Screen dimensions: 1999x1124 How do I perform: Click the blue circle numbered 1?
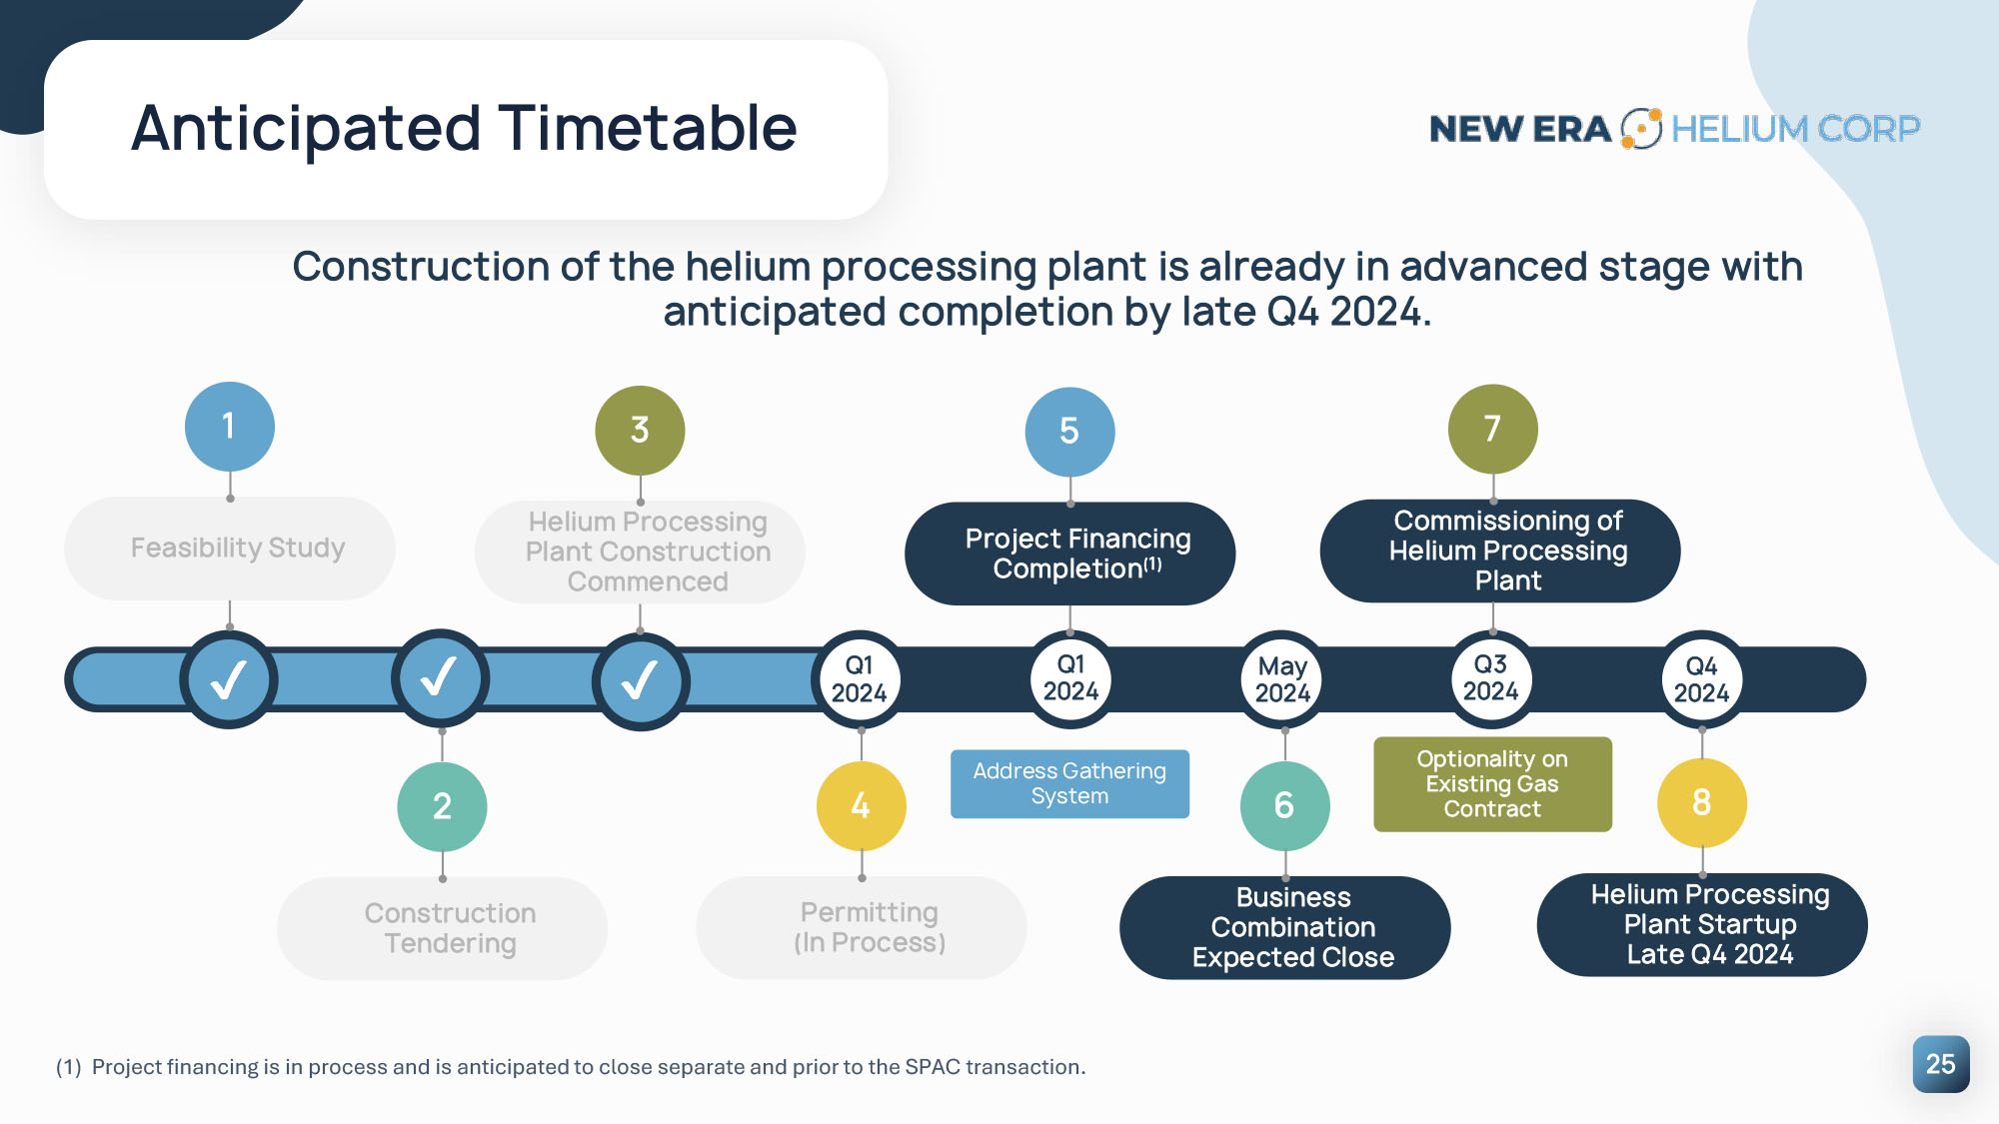(230, 427)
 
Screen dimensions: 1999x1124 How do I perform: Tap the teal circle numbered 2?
(442, 806)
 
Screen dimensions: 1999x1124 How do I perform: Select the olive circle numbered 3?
(640, 431)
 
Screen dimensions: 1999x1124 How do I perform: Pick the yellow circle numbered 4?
(862, 805)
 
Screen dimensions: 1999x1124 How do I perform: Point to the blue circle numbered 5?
(1069, 432)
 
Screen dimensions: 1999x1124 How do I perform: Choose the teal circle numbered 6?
(1285, 805)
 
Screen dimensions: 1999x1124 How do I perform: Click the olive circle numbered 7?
(1493, 429)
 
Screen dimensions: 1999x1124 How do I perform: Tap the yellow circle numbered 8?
(1702, 802)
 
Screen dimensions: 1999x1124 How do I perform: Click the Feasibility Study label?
(238, 548)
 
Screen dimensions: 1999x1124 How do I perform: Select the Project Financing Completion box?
(1070, 554)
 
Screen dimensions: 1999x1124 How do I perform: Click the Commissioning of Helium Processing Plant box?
(1500, 551)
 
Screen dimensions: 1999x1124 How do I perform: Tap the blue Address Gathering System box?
(1069, 783)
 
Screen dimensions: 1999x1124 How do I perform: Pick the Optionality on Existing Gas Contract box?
(1492, 784)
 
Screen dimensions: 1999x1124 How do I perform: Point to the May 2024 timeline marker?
(1282, 679)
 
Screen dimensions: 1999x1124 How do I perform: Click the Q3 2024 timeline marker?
(1491, 678)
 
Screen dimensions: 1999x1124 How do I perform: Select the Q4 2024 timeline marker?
(1702, 679)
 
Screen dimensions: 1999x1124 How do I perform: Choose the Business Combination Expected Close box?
(1285, 927)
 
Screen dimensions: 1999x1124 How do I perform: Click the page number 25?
(1941, 1064)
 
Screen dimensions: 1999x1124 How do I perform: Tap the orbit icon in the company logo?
(1641, 128)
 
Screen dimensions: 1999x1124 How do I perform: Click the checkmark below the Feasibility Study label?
(229, 680)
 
